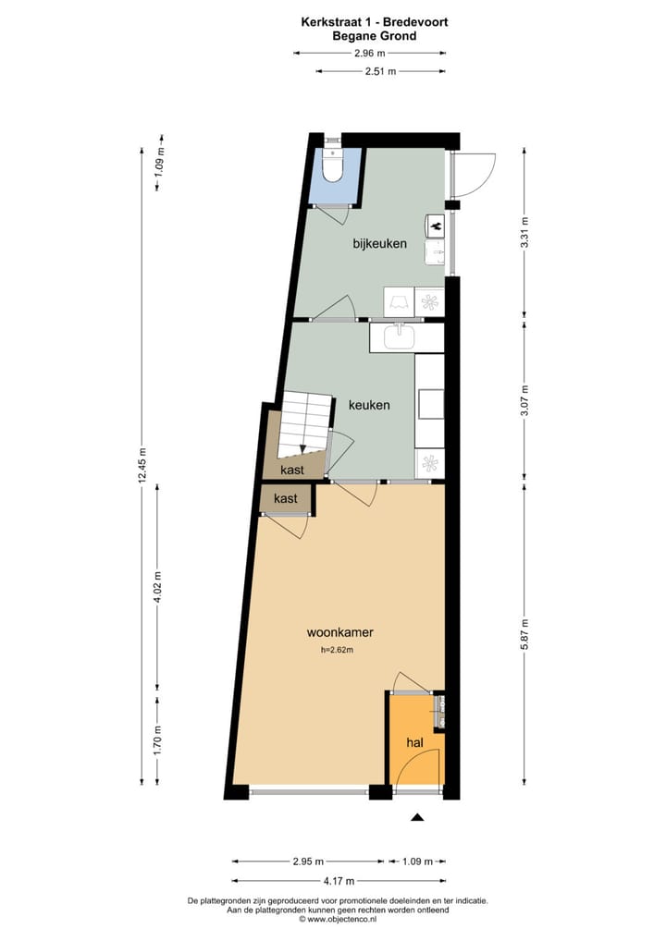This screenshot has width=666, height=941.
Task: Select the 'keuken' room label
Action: (369, 405)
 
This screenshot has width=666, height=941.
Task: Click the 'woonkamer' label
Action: (339, 633)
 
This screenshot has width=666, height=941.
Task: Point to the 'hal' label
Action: (415, 742)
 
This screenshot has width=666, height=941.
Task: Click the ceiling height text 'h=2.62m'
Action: (338, 650)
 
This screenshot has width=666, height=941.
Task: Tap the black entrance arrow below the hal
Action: (417, 817)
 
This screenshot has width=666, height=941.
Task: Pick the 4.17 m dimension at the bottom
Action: (339, 881)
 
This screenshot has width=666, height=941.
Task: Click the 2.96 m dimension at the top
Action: (369, 54)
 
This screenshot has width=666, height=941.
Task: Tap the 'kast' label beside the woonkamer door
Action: (286, 498)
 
